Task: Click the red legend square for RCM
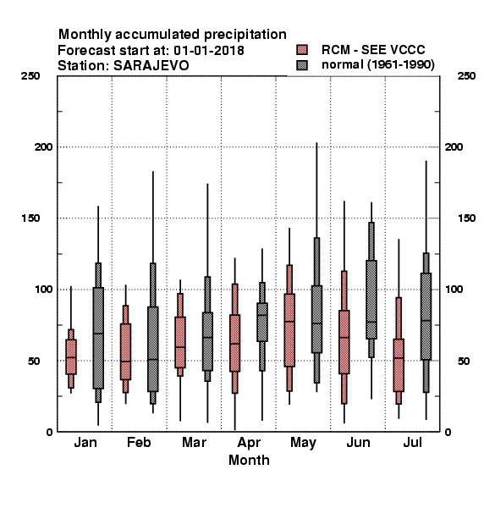[x=302, y=50]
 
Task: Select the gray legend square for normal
[x=302, y=65]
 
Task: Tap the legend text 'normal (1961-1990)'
[x=377, y=65]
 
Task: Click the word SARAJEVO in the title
[x=151, y=66]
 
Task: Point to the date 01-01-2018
[x=209, y=50]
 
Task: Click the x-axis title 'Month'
[x=249, y=460]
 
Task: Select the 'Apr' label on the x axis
[x=249, y=443]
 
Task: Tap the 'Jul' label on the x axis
[x=412, y=442]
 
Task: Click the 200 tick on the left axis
[x=43, y=147]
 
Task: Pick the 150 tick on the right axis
[x=466, y=218]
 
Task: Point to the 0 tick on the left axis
[x=49, y=432]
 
